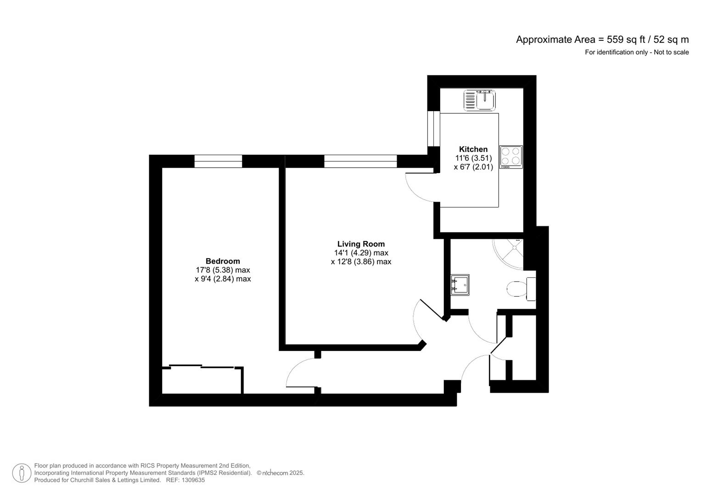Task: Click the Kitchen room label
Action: pyautogui.click(x=473, y=149)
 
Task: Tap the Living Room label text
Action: pyautogui.click(x=361, y=244)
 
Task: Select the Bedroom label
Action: pyautogui.click(x=223, y=261)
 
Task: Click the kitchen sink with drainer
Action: pyautogui.click(x=480, y=100)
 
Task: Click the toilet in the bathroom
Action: pyautogui.click(x=519, y=289)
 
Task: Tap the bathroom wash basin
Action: pyautogui.click(x=460, y=285)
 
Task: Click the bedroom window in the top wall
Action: pyautogui.click(x=218, y=161)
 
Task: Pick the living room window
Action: pyautogui.click(x=360, y=161)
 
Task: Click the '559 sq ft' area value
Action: pyautogui.click(x=627, y=39)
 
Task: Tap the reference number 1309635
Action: pyautogui.click(x=193, y=480)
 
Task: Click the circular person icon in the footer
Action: pyautogui.click(x=22, y=473)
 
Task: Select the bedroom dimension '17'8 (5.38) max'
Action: pyautogui.click(x=223, y=270)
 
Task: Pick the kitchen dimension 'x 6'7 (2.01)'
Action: pyautogui.click(x=473, y=167)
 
